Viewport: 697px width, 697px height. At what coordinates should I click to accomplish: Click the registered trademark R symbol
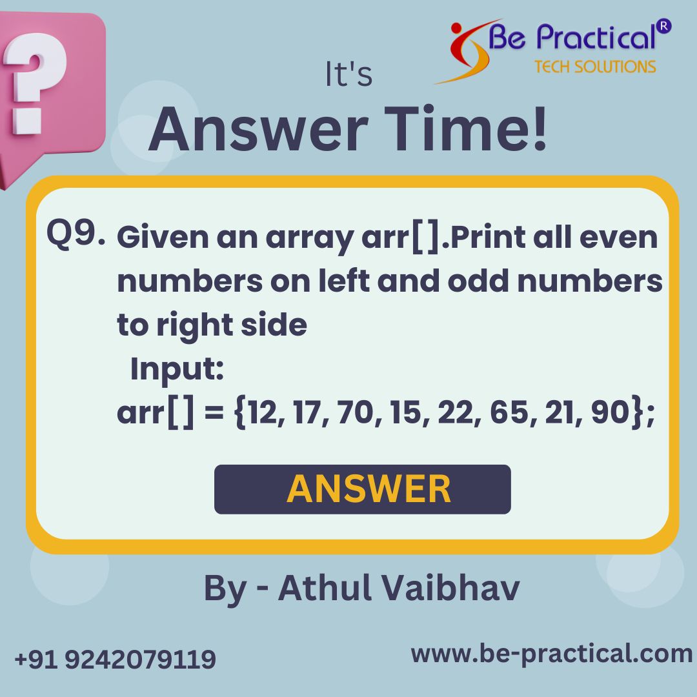664,26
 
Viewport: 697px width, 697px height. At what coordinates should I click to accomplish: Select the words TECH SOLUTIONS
595,66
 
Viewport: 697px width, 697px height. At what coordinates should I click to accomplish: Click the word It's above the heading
348,76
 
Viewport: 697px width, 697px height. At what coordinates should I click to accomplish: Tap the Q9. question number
76,233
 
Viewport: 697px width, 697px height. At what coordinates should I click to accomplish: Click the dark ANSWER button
362,489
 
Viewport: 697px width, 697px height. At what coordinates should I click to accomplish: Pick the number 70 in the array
351,413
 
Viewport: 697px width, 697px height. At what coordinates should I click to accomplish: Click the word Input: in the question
177,370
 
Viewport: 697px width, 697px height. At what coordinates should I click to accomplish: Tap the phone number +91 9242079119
115,660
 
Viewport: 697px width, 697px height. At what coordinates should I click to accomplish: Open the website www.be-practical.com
551,654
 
